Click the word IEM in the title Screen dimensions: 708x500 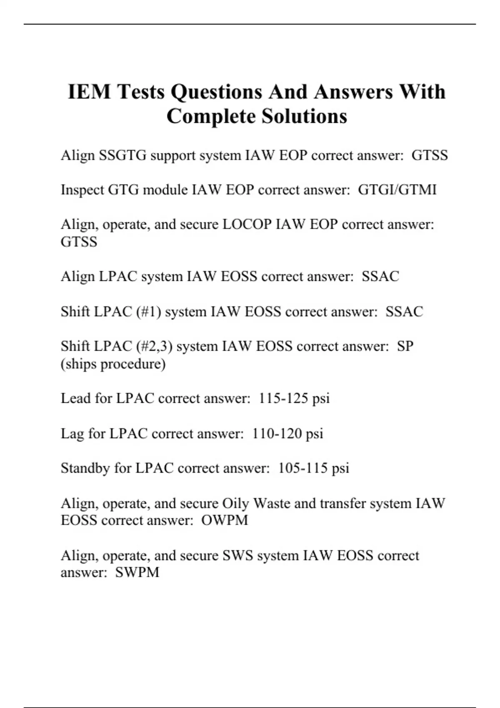(89, 92)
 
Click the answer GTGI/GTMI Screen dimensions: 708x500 (397, 190)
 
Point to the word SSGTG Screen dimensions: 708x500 (122, 155)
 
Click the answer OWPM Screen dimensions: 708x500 (225, 520)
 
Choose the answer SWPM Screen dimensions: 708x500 (137, 572)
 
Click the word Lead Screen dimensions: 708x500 (75, 399)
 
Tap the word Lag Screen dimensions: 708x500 (72, 434)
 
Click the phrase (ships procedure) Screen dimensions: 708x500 (113, 364)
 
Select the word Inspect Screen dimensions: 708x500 (82, 190)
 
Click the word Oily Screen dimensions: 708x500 (235, 504)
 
